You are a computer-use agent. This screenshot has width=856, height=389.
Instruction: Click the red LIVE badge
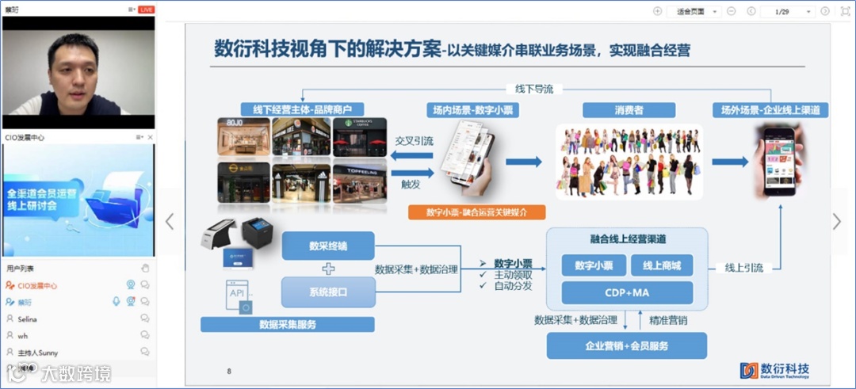(x=147, y=10)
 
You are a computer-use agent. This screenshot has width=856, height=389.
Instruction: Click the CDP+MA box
(x=628, y=293)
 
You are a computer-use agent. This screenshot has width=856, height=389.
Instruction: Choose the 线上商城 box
(x=662, y=265)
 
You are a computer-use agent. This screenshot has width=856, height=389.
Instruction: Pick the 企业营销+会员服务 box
(x=627, y=345)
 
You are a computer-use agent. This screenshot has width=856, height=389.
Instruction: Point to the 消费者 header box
(x=629, y=110)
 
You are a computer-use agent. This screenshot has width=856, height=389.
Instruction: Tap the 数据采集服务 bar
(x=287, y=324)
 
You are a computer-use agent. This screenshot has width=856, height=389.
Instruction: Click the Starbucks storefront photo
(x=360, y=137)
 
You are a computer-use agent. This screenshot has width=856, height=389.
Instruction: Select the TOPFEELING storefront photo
(x=360, y=183)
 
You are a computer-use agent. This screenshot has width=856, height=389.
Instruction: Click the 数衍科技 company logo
(x=774, y=370)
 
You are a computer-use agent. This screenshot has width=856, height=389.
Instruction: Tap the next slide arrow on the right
(x=837, y=222)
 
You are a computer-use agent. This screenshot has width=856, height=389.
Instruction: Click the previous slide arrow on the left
(x=169, y=222)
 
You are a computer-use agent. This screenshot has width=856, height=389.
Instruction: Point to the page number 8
(x=229, y=371)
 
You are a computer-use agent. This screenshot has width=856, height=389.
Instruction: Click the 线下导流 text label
(x=529, y=90)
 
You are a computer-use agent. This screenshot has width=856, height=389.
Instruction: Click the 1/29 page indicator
(x=781, y=11)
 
